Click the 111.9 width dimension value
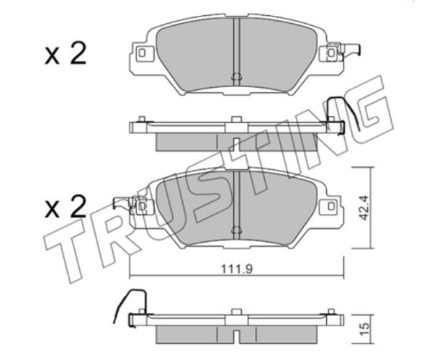[x=237, y=269]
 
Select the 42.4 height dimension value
[x=364, y=207]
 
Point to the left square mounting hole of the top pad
[x=142, y=53]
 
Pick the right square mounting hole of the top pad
[x=331, y=53]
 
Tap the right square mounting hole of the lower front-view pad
[x=331, y=206]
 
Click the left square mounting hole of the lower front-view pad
[x=142, y=206]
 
